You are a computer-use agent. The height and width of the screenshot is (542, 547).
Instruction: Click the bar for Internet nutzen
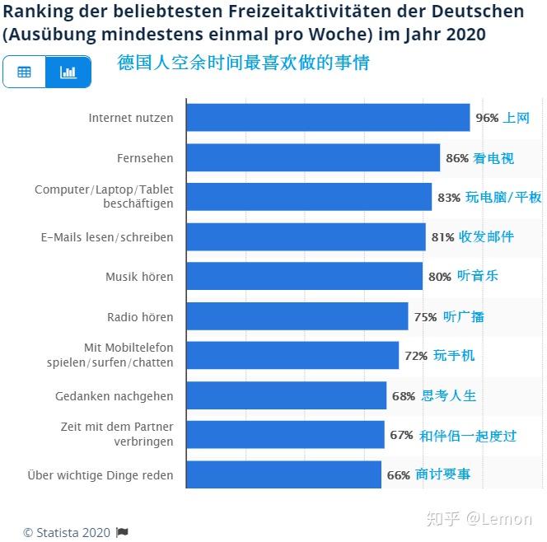point(328,118)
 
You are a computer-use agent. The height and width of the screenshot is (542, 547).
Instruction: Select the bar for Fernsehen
point(313,157)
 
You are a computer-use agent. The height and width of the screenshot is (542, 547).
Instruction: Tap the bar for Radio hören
point(297,316)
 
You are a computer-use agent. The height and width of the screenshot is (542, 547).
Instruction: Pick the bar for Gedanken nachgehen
point(286,395)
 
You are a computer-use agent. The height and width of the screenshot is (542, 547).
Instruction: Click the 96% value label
point(487,118)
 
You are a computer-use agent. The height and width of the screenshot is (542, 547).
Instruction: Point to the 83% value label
point(449,198)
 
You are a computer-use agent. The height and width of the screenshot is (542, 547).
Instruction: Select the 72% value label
point(416,356)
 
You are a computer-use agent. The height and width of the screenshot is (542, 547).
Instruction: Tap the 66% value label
point(399,475)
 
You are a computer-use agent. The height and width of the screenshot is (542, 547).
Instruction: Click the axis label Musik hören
point(139,277)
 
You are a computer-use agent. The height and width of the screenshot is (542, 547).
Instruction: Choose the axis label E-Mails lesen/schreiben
point(107,237)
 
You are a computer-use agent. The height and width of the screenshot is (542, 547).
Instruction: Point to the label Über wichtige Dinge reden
point(101,475)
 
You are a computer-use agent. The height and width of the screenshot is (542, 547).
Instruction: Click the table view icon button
point(25,72)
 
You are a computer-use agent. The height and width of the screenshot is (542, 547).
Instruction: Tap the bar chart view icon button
point(68,72)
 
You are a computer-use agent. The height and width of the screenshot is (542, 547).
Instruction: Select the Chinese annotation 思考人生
point(449,395)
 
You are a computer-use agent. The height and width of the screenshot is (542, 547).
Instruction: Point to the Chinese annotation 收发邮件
point(486,236)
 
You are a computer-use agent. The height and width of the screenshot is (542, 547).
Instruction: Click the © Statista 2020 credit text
point(66,532)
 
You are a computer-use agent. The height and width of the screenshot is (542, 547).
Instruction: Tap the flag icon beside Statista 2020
point(122,532)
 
